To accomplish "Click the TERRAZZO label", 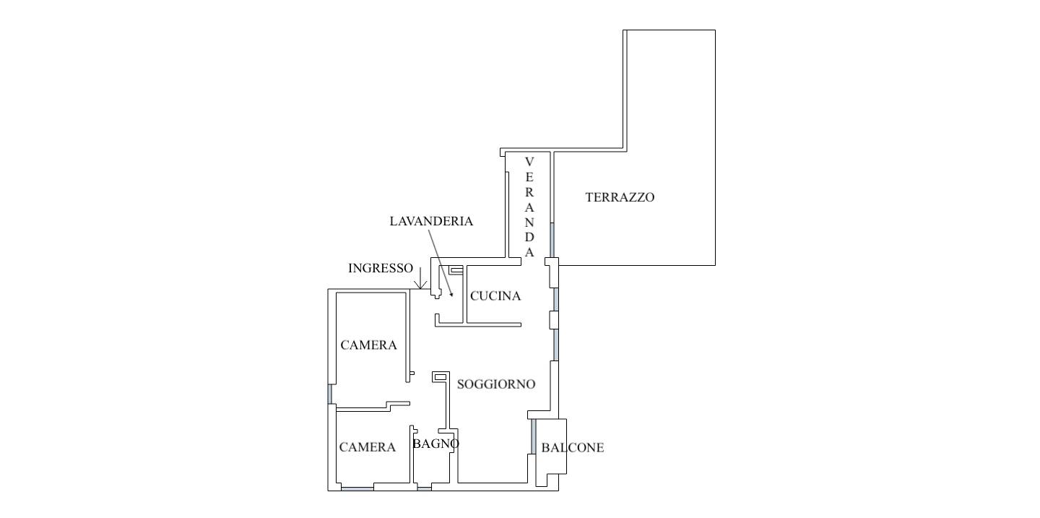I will [620, 197].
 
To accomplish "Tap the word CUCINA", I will [495, 296].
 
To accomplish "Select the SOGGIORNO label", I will [496, 384].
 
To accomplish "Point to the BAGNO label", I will [435, 444].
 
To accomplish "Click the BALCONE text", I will [572, 448].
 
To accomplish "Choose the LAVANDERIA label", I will [431, 222].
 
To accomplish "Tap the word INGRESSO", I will [381, 268].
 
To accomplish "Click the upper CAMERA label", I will [368, 345].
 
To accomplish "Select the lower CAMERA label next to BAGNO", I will [367, 448].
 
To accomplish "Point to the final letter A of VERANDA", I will [529, 253].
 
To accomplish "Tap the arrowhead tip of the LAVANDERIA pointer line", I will [452, 295].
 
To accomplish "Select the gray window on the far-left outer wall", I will [330, 394].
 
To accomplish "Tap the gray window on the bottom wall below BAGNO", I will [425, 489].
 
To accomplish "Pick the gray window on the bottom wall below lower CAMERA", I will [357, 489].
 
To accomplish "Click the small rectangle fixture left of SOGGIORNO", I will [439, 376].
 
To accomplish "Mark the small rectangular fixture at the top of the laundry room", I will [456, 269].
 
